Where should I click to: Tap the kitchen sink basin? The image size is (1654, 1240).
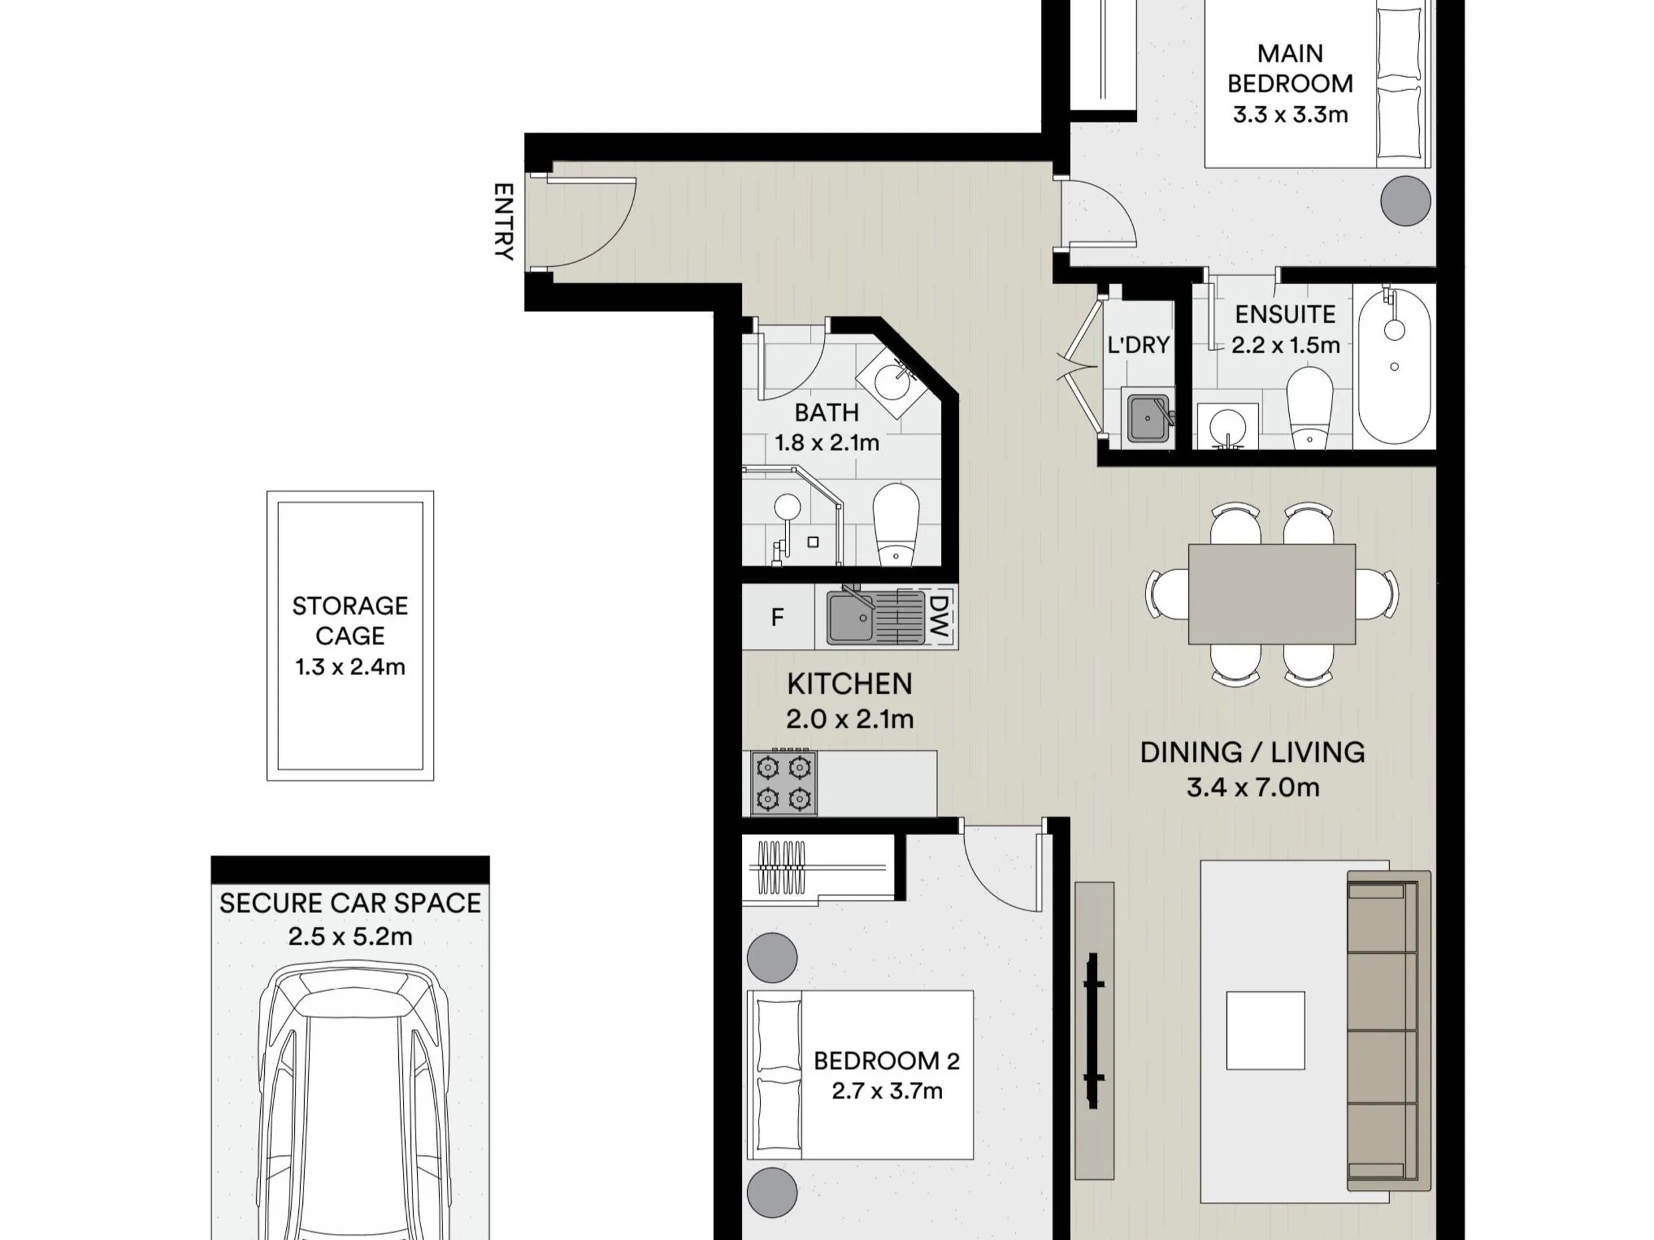[851, 618]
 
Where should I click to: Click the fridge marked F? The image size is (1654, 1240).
[778, 616]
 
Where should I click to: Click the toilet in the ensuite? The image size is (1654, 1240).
[1310, 408]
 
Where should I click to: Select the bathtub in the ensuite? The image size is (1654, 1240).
[1394, 366]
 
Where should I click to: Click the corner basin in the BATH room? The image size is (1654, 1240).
[892, 380]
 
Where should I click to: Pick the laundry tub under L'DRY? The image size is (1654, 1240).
[1148, 419]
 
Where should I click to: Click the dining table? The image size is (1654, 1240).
[1271, 594]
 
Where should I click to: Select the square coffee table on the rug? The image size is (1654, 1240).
[1265, 1030]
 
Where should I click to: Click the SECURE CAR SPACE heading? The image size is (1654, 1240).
[350, 903]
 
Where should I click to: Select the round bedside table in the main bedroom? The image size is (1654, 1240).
[1406, 200]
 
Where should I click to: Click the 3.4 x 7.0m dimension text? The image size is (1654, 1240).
[1252, 787]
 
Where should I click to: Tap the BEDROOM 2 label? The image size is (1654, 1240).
[886, 1061]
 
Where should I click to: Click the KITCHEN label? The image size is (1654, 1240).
[849, 684]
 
